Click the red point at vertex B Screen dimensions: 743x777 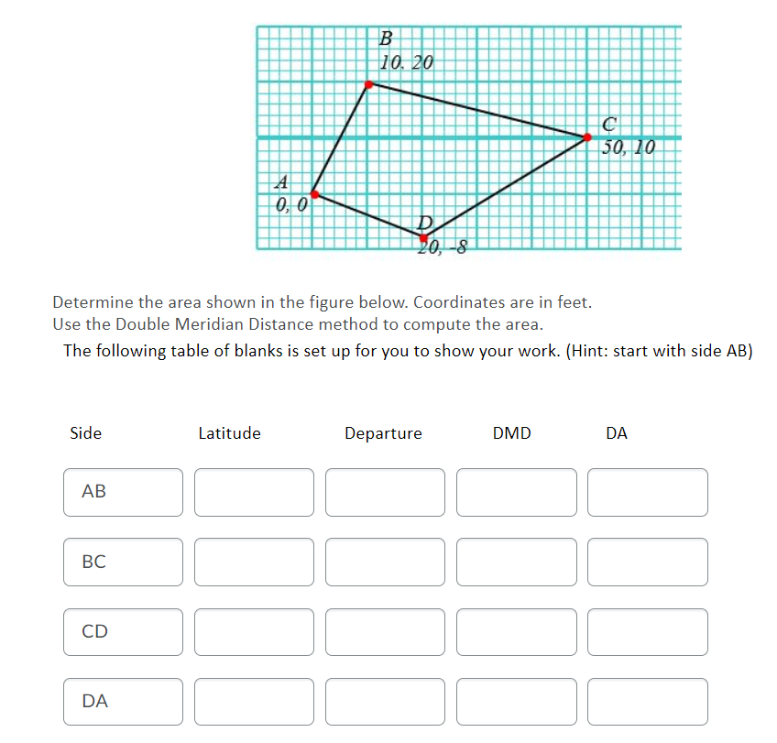point(369,84)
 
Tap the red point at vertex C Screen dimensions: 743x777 point(587,137)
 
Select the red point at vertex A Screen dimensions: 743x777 point(314,194)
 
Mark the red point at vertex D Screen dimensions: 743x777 point(424,237)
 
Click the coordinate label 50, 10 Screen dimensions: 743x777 point(629,147)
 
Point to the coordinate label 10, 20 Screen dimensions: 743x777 point(406,62)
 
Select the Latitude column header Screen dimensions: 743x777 point(229,433)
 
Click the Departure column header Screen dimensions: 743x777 point(383,433)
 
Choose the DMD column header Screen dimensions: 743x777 point(511,433)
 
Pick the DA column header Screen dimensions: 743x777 point(617,433)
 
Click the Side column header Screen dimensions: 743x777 point(86,433)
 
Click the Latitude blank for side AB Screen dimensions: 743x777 point(254,492)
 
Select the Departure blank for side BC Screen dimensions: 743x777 point(385,562)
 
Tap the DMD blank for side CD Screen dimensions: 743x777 point(517,631)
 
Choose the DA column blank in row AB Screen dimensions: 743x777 point(648,492)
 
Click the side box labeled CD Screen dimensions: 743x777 point(123,631)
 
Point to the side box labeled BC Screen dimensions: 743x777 point(123,562)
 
